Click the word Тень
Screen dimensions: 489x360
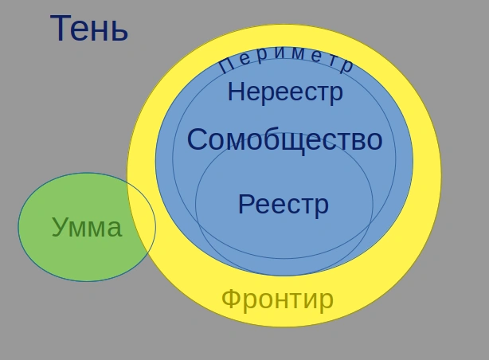click(x=88, y=29)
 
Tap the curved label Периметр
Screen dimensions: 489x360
click(x=285, y=60)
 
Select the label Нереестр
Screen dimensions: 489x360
click(x=285, y=92)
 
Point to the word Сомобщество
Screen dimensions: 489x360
click(x=284, y=140)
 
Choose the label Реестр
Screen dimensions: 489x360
click(x=283, y=205)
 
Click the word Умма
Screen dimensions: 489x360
click(x=86, y=228)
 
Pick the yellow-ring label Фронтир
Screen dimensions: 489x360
click(x=277, y=299)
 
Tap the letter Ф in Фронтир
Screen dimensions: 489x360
click(x=231, y=299)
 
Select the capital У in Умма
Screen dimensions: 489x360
click(x=60, y=229)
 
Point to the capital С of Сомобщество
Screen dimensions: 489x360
click(x=198, y=140)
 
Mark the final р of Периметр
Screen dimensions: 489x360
click(x=346, y=66)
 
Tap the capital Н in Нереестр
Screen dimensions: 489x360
click(x=236, y=92)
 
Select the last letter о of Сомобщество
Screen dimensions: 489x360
click(x=374, y=141)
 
